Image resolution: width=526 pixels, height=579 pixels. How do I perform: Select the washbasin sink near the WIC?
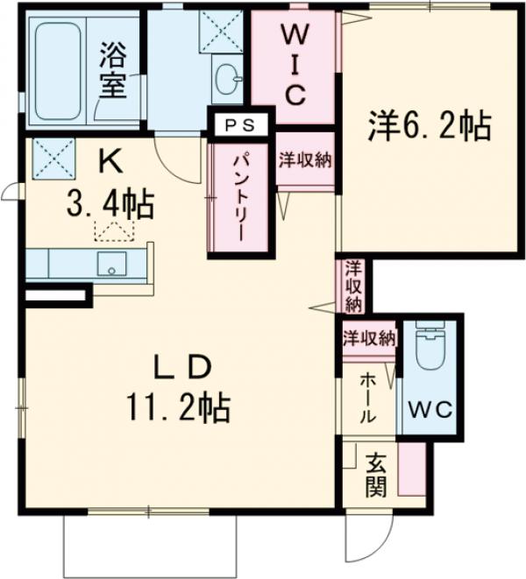tap(231, 80)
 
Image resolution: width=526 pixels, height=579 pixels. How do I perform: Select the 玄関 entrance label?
tap(374, 473)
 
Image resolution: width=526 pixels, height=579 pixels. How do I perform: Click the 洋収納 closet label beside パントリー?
tap(305, 160)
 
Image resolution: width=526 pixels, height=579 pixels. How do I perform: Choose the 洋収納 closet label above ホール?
tap(367, 337)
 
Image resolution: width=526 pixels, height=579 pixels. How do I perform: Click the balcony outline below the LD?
tap(149, 542)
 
